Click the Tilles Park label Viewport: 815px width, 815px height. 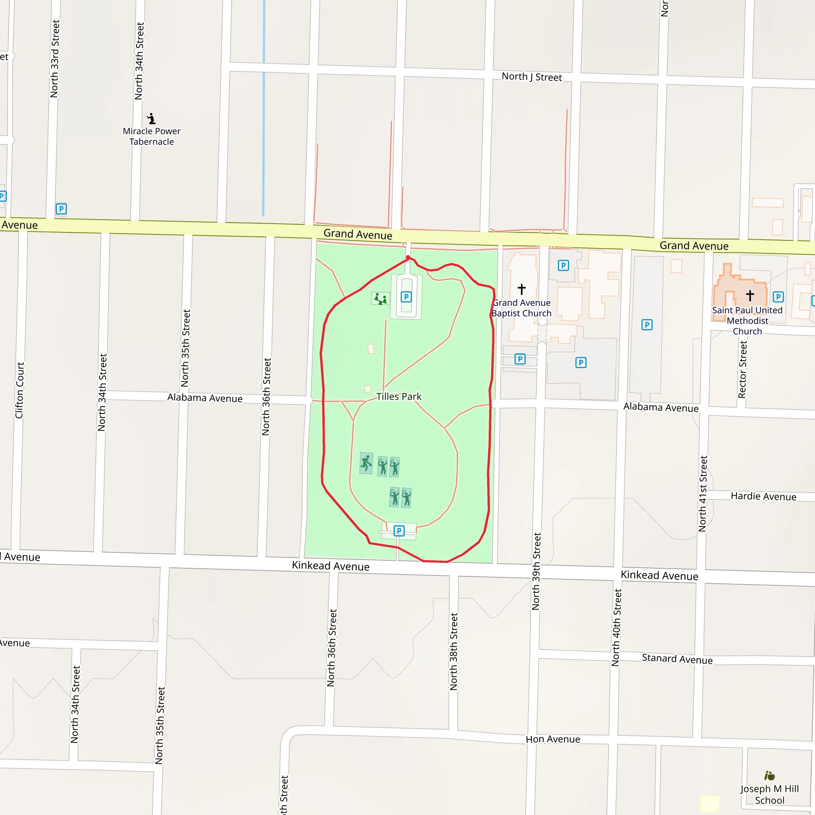pos(399,396)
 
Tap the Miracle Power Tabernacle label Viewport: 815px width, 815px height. pos(152,136)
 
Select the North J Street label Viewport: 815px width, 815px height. pos(532,77)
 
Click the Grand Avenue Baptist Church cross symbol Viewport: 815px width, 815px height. pos(521,289)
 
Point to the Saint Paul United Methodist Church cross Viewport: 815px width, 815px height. pos(750,295)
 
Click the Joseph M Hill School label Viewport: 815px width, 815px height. pos(770,794)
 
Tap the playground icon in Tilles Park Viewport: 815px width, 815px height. pos(380,299)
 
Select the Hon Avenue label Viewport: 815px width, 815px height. pos(553,739)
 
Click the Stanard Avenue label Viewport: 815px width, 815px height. pos(677,659)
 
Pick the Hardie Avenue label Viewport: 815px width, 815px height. pos(764,496)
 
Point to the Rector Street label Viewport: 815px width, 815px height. pos(743,370)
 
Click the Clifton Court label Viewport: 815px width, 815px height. pos(19,390)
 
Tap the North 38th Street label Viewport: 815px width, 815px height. pos(454,652)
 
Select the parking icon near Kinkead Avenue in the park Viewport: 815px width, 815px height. pos(399,531)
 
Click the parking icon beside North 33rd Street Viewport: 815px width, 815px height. pos(61,209)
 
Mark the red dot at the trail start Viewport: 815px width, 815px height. pos(408,257)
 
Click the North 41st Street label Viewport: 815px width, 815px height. pos(702,493)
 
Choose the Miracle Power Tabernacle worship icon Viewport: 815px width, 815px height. pos(152,118)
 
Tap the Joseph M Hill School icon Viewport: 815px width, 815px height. pos(770,776)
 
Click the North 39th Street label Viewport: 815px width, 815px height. pos(536,571)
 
